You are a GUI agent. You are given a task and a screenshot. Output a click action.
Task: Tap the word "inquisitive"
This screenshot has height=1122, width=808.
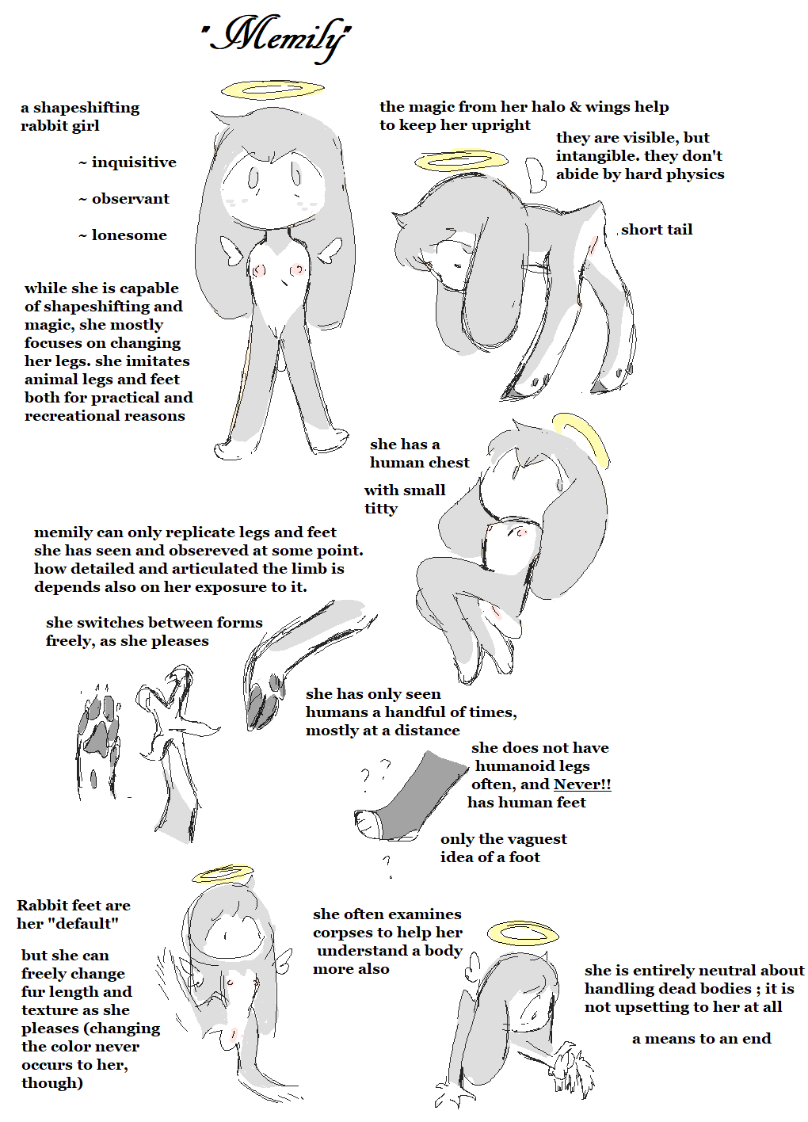tap(134, 162)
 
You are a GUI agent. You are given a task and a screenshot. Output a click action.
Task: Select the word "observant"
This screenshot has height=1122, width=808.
tap(130, 198)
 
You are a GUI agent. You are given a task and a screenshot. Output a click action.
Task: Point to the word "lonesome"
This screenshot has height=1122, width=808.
tap(129, 235)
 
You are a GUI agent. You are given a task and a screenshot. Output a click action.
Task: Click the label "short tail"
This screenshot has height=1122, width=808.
tap(657, 230)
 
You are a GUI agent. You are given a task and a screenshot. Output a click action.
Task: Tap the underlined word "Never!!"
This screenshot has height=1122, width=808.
tap(582, 784)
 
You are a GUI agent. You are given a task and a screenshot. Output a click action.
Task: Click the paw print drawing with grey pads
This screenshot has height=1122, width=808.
tap(98, 741)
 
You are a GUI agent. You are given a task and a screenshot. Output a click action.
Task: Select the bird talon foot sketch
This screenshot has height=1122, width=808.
tap(173, 751)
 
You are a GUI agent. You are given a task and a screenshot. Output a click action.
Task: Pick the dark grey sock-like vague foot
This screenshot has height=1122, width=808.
tap(408, 796)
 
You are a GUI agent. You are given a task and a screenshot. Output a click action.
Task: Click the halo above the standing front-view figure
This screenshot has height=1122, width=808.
tap(273, 90)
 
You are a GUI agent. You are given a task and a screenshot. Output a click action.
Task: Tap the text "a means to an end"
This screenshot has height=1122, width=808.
tap(701, 1038)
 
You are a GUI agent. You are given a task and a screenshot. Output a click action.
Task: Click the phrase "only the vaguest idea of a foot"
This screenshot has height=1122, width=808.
tap(503, 848)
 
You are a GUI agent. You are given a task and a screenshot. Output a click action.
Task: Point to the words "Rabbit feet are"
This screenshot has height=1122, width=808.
tap(74, 905)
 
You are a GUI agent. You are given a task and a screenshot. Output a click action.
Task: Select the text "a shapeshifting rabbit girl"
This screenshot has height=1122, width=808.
tap(80, 116)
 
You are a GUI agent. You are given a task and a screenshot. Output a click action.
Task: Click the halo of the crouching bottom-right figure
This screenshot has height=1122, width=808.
tap(523, 933)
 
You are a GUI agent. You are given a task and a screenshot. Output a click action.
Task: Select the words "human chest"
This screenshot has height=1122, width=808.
tap(420, 462)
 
